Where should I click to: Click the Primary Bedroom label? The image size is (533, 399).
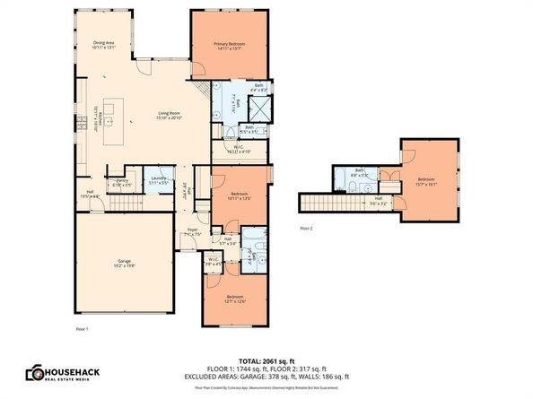click(x=229, y=46)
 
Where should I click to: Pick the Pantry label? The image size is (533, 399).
click(x=122, y=183)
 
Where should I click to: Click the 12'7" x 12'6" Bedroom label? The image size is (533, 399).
click(x=234, y=299)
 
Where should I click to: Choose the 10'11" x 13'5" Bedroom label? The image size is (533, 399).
click(x=239, y=197)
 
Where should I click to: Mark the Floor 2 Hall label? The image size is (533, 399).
click(x=379, y=201)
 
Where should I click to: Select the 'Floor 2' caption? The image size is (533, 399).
click(x=308, y=229)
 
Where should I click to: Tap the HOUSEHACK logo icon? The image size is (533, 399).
click(x=35, y=372)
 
